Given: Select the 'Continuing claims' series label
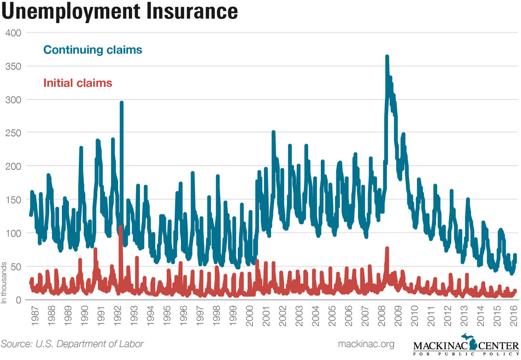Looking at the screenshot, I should coord(93,50).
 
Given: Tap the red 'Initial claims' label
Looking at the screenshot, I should coord(78,83).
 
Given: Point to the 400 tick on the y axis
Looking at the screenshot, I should coord(14,33).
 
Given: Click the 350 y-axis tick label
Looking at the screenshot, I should coord(14,66).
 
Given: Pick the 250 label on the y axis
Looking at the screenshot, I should coord(14,133).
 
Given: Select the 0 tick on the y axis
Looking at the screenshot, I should coord(19,300).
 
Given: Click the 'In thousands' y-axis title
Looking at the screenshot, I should coord(4,283).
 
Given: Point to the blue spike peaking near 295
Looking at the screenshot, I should coord(122,103).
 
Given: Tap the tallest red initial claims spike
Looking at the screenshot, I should coord(120,227).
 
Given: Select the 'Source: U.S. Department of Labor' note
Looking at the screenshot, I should coord(72,344).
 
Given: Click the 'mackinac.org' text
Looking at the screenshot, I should coord(367,344).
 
